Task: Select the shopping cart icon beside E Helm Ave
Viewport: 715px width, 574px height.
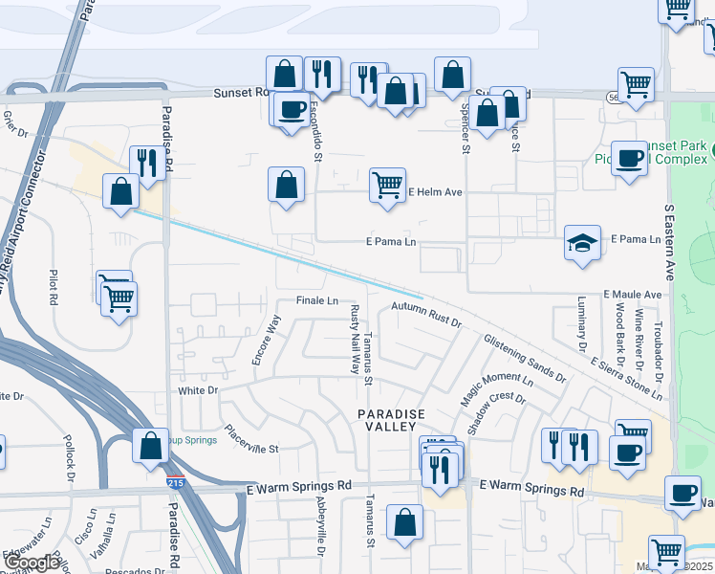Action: click(x=386, y=185)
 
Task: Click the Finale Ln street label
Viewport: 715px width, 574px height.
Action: click(x=316, y=300)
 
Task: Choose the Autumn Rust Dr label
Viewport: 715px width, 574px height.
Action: click(x=426, y=315)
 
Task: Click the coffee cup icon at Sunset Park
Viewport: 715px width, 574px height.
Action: click(x=630, y=159)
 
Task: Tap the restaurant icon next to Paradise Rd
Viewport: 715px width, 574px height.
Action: click(x=146, y=163)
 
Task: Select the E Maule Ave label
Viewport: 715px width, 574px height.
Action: click(x=632, y=295)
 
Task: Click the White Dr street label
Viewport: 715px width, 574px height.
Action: click(x=199, y=390)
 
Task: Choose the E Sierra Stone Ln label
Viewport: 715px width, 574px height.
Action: click(x=626, y=379)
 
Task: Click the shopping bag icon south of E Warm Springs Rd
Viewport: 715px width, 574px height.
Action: click(x=404, y=523)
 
